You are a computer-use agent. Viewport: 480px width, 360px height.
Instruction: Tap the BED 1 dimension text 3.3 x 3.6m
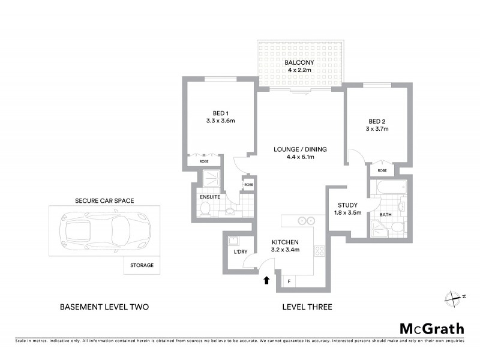coord(220,121)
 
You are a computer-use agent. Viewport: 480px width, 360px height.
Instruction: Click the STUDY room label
coord(347,203)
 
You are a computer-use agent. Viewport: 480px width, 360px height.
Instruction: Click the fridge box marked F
coord(289,281)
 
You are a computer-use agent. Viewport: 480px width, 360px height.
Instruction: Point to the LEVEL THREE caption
coord(307,307)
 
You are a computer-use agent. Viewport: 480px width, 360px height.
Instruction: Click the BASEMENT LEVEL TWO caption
coord(104,307)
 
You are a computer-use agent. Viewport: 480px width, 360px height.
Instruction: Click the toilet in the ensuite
coord(205,209)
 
